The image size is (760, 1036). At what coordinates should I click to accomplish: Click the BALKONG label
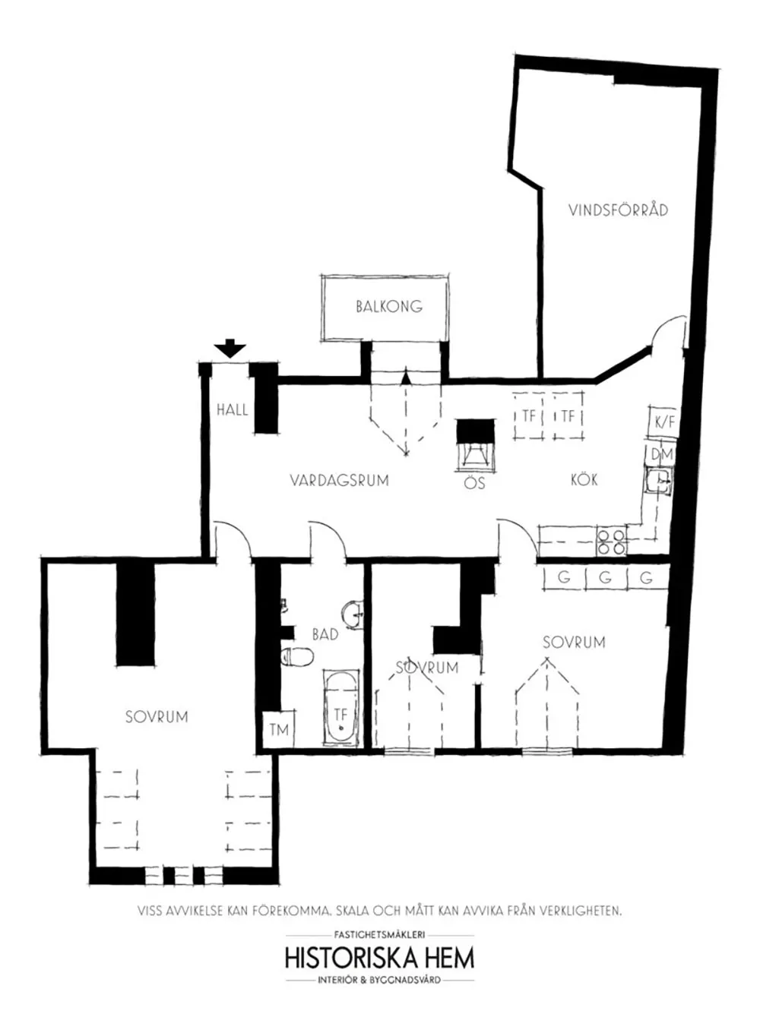pyautogui.click(x=388, y=307)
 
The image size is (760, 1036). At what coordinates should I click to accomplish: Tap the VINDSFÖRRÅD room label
pyautogui.click(x=618, y=210)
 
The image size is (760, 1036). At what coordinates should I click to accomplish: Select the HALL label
pyautogui.click(x=232, y=409)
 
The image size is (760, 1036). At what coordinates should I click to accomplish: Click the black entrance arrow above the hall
pyautogui.click(x=230, y=349)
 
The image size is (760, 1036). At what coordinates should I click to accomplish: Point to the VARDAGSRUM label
pyautogui.click(x=339, y=480)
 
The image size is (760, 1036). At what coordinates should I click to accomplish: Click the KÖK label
pyautogui.click(x=584, y=479)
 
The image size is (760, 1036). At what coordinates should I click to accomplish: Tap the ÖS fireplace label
pyautogui.click(x=474, y=483)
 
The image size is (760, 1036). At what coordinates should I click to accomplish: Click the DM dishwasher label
pyautogui.click(x=661, y=454)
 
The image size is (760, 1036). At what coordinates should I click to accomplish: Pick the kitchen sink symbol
pyautogui.click(x=658, y=482)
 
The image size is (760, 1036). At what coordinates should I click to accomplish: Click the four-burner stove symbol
pyautogui.click(x=611, y=541)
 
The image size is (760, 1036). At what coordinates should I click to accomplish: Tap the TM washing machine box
pyautogui.click(x=279, y=730)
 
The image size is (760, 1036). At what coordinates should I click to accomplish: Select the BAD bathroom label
pyautogui.click(x=325, y=633)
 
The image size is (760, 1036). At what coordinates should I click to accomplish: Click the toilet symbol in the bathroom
pyautogui.click(x=298, y=656)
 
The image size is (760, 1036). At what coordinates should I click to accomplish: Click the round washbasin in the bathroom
pyautogui.click(x=353, y=614)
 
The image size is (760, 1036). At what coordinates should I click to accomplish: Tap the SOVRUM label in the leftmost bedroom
pyautogui.click(x=157, y=716)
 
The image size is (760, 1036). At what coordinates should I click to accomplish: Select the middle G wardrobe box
pyautogui.click(x=605, y=577)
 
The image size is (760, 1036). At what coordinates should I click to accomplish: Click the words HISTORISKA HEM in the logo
pyautogui.click(x=379, y=958)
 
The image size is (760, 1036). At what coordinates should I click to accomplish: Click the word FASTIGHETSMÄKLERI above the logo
pyautogui.click(x=379, y=935)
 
